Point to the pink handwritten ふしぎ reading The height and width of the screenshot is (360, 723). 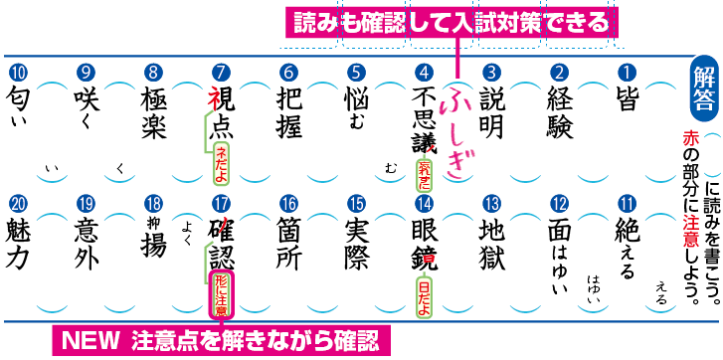tap(456, 129)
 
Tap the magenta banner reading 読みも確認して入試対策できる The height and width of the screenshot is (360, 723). tap(447, 21)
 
